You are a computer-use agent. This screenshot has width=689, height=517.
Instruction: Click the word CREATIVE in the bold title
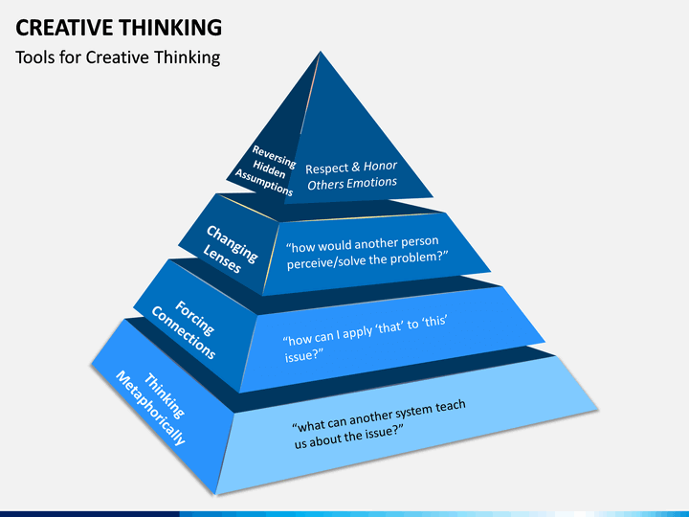64,27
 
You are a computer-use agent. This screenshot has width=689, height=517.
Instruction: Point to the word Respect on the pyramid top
326,169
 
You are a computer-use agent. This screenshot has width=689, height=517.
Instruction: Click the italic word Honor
380,166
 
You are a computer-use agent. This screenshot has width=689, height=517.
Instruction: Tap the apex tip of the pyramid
321,52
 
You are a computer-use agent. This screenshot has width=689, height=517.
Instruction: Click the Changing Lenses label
230,249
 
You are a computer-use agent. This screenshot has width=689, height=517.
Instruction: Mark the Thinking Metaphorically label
151,408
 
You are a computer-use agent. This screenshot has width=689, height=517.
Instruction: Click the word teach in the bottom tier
451,406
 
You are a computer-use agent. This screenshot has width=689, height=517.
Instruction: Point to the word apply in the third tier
359,332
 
